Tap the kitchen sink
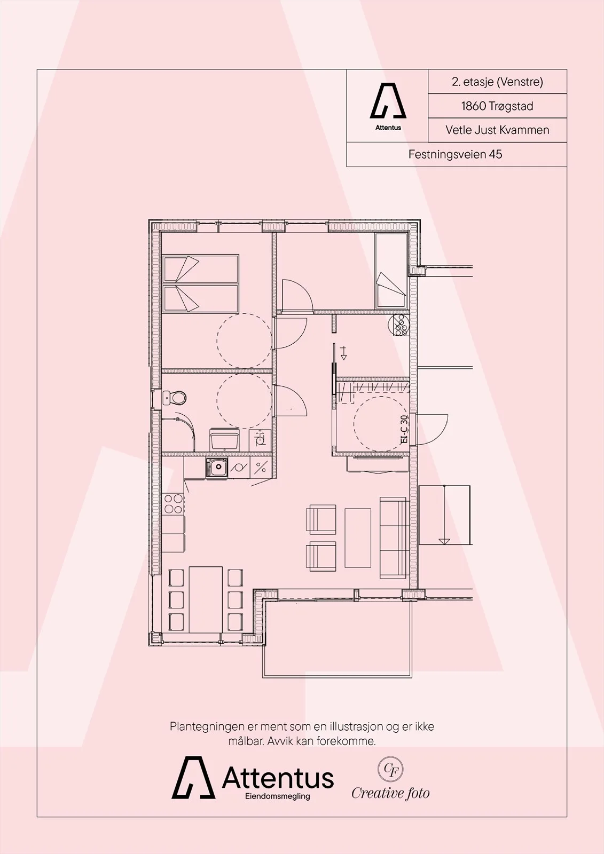click(217, 468)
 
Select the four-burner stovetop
click(173, 504)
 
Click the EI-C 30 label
click(404, 429)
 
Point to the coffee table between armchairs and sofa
click(357, 538)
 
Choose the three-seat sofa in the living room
click(394, 537)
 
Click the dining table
click(206, 599)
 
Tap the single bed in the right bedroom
click(391, 270)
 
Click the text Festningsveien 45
click(455, 154)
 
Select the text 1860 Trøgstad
click(497, 106)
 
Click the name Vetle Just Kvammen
click(497, 130)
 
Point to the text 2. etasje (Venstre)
click(497, 82)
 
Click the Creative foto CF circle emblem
click(390, 769)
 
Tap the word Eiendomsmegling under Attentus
click(277, 796)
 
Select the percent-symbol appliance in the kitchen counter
click(261, 468)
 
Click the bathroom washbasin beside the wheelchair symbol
click(224, 439)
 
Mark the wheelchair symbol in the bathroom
click(260, 440)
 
